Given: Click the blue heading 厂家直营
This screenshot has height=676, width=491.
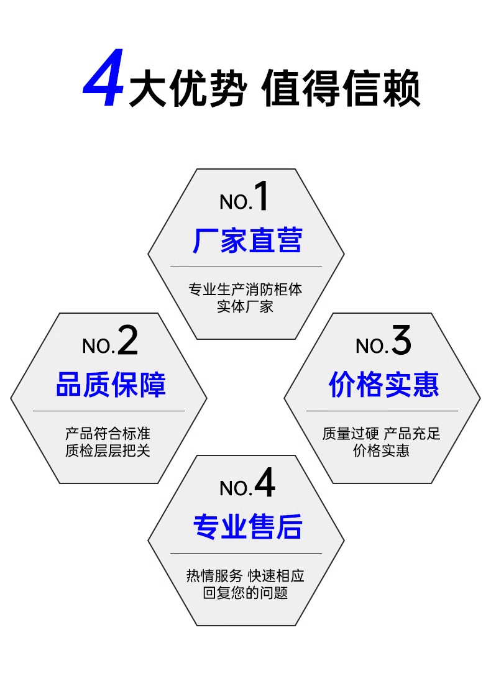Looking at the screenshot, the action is (x=247, y=240).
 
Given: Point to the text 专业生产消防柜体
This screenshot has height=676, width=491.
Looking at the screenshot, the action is (x=245, y=290).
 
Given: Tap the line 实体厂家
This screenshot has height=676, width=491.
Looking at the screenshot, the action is (x=245, y=306).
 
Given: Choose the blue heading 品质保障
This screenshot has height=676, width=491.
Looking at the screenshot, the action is (x=111, y=385).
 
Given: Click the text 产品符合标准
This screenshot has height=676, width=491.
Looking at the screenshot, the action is (x=108, y=433).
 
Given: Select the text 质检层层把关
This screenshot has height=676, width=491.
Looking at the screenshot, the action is (x=108, y=450).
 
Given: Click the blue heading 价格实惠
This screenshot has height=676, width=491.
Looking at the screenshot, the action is (x=383, y=385).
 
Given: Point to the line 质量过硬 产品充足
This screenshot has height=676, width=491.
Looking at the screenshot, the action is (x=382, y=433).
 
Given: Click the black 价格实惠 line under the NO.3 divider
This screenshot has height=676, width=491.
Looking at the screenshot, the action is (x=382, y=450).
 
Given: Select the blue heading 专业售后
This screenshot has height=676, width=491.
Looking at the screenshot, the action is (x=247, y=527).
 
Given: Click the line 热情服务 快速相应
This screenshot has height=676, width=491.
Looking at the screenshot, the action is (x=245, y=576).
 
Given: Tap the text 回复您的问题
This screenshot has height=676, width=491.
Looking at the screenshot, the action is (x=245, y=593).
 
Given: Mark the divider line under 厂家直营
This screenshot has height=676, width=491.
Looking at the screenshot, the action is (x=245, y=267).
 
